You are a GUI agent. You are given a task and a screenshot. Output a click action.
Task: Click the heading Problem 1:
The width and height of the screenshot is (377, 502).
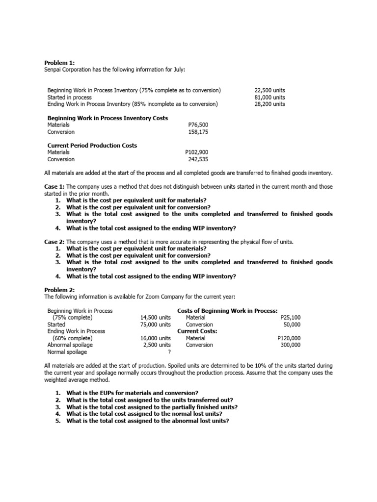(59, 63)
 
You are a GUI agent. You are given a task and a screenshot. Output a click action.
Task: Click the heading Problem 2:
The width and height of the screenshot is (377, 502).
(59, 290)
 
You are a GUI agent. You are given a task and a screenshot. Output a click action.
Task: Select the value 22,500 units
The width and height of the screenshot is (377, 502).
(269, 90)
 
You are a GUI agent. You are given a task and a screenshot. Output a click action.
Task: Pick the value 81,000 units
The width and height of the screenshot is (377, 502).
(269, 97)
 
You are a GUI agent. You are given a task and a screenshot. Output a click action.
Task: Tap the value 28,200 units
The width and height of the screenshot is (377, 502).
(269, 104)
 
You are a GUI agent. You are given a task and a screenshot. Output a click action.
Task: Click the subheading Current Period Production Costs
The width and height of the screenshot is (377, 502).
(92, 146)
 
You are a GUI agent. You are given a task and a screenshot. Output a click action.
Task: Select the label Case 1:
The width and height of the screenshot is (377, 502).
(54, 187)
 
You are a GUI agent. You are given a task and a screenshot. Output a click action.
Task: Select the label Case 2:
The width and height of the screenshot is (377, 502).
(54, 242)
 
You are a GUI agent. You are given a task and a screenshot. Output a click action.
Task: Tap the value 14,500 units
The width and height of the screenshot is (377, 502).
(155, 318)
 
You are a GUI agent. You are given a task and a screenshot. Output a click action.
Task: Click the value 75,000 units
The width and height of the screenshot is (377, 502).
(155, 325)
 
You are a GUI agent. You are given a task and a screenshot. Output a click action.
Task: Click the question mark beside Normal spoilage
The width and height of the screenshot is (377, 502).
(169, 351)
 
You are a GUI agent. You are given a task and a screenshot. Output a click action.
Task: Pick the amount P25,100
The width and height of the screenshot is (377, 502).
(289, 318)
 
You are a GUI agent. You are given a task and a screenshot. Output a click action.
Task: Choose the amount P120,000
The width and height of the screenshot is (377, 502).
(289, 338)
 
